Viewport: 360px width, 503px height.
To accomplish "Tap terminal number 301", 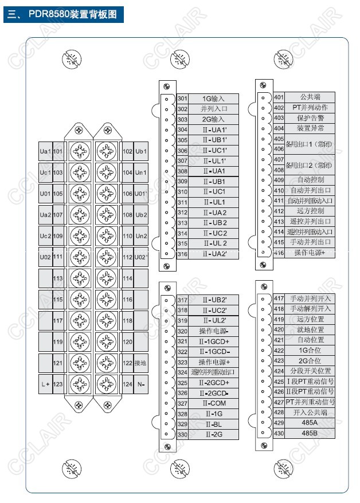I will (182, 99).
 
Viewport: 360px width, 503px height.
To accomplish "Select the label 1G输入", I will (213, 99).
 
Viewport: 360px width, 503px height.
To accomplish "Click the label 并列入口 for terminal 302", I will (213, 109).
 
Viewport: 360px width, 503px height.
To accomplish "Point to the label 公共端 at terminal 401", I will (310, 97).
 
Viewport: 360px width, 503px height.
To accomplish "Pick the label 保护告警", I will (310, 118).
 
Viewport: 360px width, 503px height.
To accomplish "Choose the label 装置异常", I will (310, 128).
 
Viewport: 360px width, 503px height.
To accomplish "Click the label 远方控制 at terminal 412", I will (310, 211).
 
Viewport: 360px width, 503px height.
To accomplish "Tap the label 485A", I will (310, 422).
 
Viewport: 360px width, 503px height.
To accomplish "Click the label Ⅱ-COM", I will (213, 403).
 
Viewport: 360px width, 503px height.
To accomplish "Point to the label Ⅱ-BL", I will (213, 424).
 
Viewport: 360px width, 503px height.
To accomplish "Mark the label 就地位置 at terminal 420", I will (310, 329).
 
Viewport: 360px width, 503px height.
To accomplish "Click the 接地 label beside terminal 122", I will (141, 363).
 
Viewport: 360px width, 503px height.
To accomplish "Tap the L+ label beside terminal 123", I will (45, 384).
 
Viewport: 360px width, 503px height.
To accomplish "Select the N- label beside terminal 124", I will (141, 384).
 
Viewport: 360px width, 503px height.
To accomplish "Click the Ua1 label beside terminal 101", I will (45, 151).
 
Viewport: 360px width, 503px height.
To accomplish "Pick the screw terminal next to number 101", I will (79, 151).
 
